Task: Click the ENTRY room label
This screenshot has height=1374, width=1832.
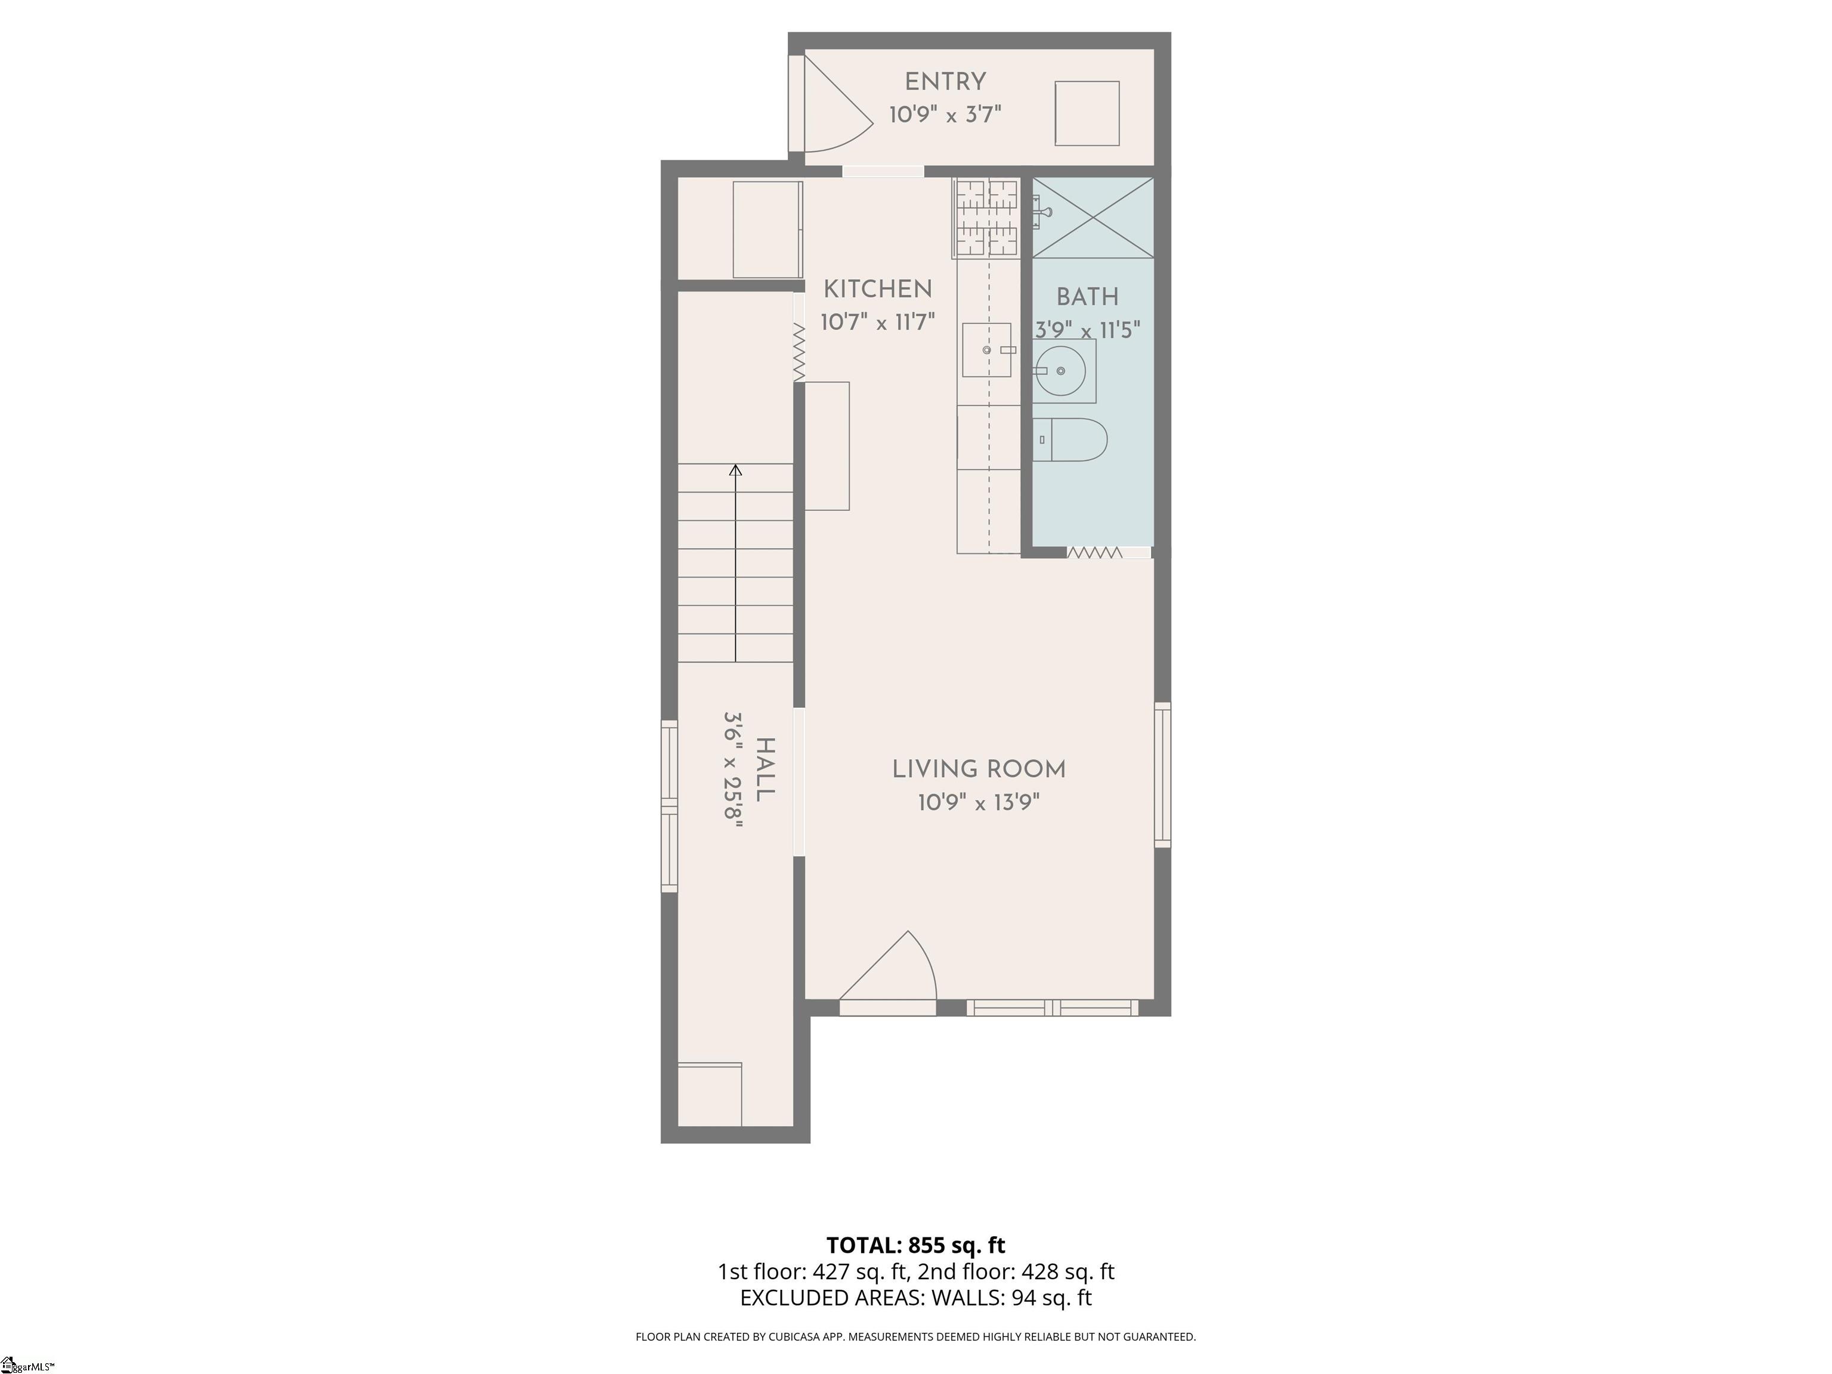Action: (x=945, y=82)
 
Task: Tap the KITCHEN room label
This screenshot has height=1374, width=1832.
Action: (x=878, y=289)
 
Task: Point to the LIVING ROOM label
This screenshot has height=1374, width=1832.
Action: (x=979, y=769)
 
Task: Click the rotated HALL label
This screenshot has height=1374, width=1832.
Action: (x=765, y=769)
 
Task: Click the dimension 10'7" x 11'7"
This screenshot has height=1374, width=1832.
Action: (x=878, y=321)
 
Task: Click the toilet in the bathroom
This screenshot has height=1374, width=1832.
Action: (x=1070, y=440)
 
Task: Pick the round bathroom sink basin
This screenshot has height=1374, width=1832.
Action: (x=1060, y=371)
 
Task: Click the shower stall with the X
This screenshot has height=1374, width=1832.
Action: (x=1093, y=217)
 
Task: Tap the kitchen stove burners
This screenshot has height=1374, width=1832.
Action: (x=986, y=218)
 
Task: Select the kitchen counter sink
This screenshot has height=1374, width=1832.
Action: (x=987, y=350)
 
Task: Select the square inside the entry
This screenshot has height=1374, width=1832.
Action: (x=1087, y=113)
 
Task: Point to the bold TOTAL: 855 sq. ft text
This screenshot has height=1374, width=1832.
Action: (x=916, y=1245)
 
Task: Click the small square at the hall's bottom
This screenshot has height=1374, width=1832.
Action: (x=710, y=1095)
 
